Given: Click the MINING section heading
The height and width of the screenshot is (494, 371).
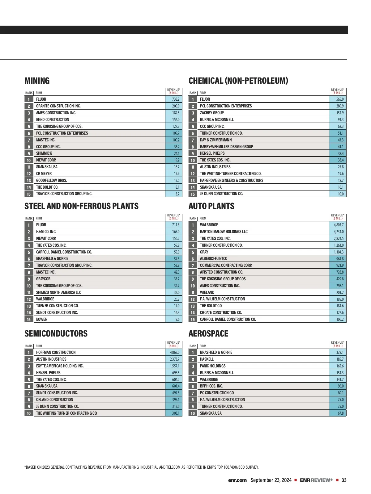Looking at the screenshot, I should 37,81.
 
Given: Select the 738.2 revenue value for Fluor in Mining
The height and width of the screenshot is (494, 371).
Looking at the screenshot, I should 176,99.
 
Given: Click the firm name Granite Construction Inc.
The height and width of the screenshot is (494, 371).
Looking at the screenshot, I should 58,106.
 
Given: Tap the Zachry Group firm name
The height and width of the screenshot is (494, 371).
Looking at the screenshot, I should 212,113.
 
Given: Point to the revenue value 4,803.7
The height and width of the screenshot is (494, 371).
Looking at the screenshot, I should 338,225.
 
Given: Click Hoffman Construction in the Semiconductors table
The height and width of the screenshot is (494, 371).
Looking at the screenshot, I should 56,352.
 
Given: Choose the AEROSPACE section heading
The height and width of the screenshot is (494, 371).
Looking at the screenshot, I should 208,334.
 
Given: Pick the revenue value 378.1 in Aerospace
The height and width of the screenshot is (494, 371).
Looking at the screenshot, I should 340,352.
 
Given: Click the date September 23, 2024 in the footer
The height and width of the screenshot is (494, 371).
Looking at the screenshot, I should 271,480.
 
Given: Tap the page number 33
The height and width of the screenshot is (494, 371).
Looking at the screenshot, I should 344,480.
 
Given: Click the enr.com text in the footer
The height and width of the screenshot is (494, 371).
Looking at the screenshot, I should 237,480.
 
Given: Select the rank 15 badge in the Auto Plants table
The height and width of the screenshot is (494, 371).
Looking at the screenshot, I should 193,320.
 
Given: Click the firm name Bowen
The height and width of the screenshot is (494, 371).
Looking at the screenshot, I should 42,320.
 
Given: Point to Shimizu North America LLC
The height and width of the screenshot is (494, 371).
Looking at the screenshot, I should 58,292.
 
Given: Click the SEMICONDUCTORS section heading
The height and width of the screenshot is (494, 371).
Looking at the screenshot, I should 56,334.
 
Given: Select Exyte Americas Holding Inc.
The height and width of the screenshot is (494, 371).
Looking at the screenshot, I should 60,366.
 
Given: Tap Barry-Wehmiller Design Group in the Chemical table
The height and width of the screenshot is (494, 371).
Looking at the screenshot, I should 226,147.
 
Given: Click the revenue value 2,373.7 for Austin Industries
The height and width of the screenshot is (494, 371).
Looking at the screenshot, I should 174,359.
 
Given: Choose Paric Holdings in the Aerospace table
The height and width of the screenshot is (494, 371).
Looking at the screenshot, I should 213,366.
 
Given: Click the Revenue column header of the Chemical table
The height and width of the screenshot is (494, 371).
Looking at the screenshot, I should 338,91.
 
